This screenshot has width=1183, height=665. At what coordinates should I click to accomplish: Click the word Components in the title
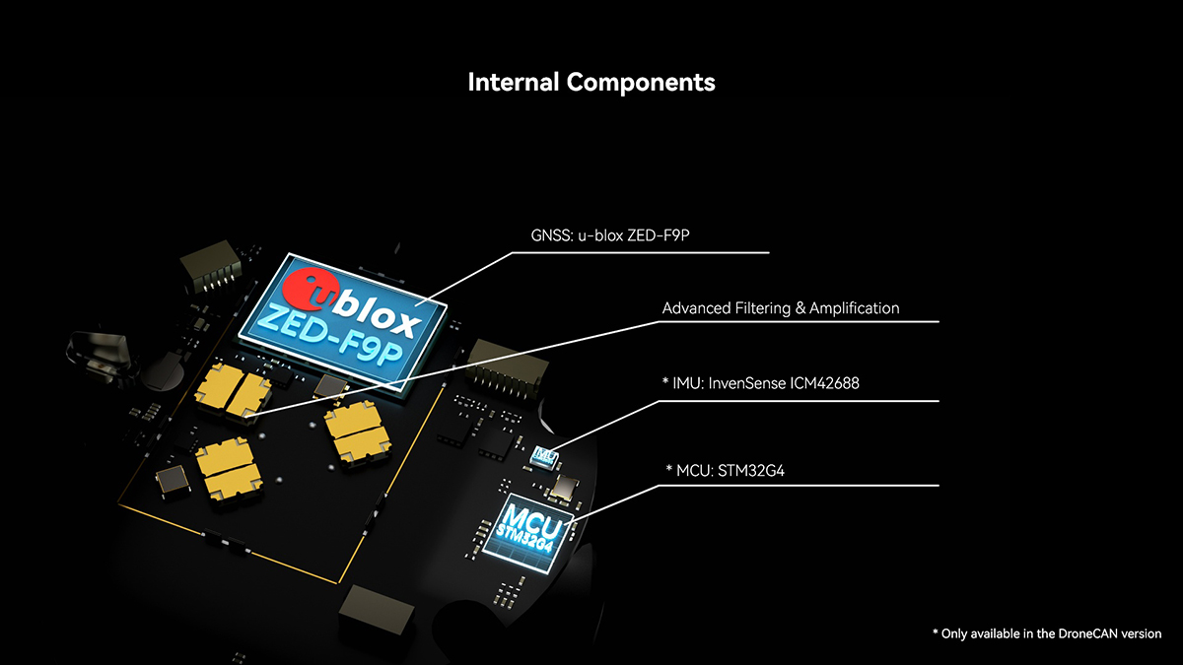tap(641, 82)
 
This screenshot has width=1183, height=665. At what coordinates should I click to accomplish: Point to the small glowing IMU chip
tap(543, 455)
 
